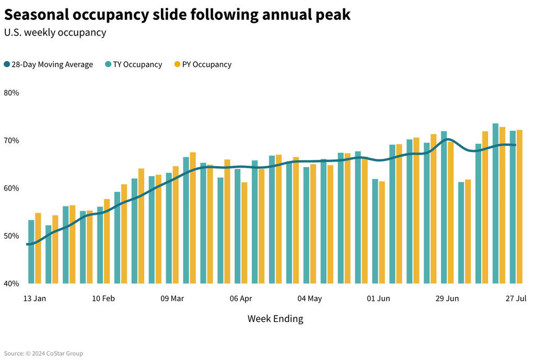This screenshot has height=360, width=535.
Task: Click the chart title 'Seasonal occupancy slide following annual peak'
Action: coord(177,15)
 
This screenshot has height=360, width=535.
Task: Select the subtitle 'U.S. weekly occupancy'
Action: coord(55,32)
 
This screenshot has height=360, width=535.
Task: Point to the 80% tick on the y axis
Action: coord(11,93)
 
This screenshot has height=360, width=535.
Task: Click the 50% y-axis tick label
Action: coord(11,236)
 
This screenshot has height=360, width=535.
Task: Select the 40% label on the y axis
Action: coord(11,283)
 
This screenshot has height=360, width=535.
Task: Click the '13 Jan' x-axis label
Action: coord(34,299)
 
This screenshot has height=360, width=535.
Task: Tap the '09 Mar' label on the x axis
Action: coord(172,299)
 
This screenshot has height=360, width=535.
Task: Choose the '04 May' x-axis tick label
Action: coord(310,299)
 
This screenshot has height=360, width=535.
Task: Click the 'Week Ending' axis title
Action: coord(275,319)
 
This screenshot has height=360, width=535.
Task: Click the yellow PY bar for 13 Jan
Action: coord(38,248)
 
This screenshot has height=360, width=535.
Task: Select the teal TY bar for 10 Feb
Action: coord(100,245)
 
